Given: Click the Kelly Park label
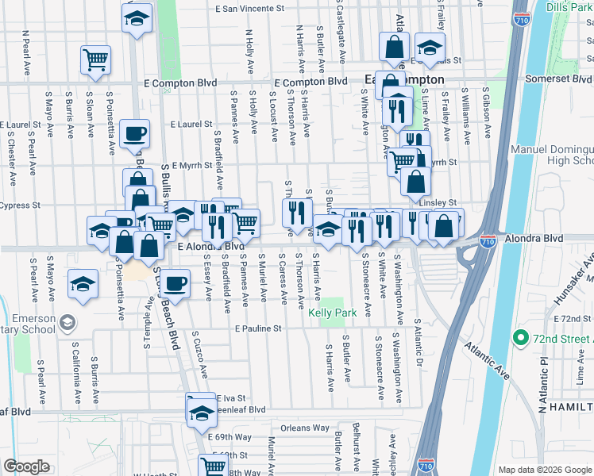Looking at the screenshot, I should [330, 314].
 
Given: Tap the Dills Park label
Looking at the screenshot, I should [570, 9].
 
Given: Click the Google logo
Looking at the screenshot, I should [26, 466].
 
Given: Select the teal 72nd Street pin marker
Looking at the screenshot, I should [521, 339].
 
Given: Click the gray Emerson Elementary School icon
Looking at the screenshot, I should [67, 322].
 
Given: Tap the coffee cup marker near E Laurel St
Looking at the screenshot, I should [134, 132].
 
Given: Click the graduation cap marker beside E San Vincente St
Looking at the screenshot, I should [137, 17].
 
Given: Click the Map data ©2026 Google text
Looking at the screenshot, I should [544, 470].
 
